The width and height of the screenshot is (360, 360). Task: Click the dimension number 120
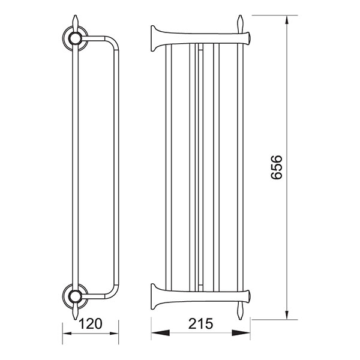pyautogui.click(x=90, y=324)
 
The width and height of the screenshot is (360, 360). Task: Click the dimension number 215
pyautogui.click(x=200, y=323)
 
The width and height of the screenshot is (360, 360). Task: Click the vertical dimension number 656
pyautogui.click(x=276, y=167)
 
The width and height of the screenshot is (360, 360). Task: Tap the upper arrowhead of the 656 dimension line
pyautogui.click(x=287, y=20)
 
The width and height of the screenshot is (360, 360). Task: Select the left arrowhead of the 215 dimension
pyautogui.click(x=160, y=333)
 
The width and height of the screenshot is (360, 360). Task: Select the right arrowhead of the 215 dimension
pyautogui.click(x=241, y=333)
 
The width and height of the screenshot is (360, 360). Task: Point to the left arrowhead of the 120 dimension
pyautogui.click(x=67, y=334)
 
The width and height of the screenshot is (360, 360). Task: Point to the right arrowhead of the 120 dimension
pyautogui.click(x=114, y=334)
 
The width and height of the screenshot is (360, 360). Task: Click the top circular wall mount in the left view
pyautogui.click(x=75, y=38)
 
